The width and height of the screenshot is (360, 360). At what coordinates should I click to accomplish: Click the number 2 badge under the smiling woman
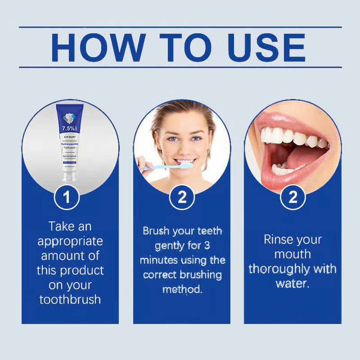tap(182, 197)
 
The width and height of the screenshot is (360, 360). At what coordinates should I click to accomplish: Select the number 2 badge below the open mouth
tap(293, 197)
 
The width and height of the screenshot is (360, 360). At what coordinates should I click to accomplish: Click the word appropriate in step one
tap(70, 241)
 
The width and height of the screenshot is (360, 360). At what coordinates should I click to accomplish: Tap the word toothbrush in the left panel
tap(70, 299)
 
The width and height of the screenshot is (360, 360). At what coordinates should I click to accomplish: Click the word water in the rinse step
tap(292, 283)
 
